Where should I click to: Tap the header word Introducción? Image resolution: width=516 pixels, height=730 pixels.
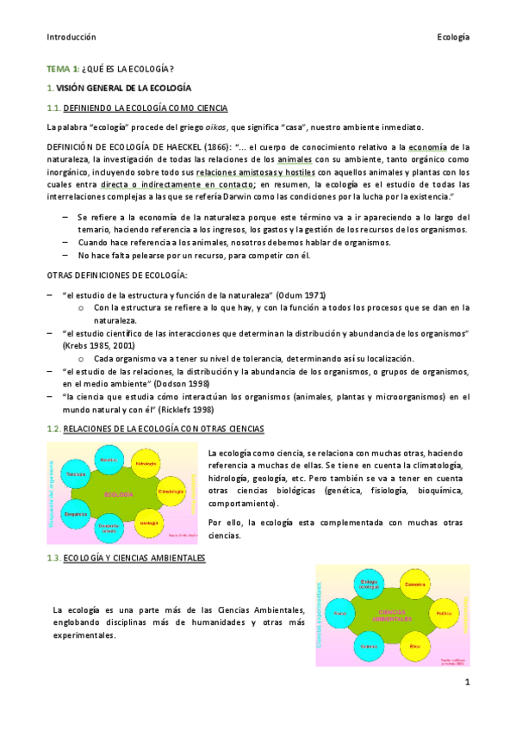pyautogui.click(x=71, y=37)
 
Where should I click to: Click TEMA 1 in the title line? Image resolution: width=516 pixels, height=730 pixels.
pyautogui.click(x=64, y=69)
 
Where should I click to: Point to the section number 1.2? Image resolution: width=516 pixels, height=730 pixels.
pyautogui.click(x=54, y=429)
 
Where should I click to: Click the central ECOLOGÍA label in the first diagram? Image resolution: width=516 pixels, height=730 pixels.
pyautogui.click(x=119, y=495)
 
